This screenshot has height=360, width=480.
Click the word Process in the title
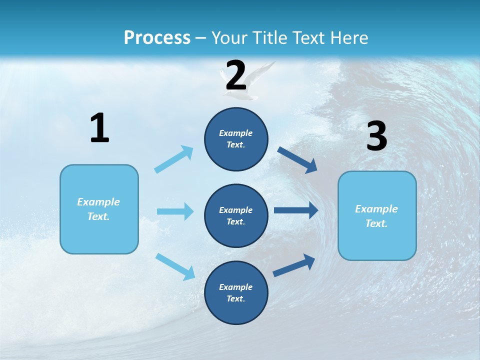157,38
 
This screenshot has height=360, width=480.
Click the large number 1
99,128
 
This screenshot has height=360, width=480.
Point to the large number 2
236,75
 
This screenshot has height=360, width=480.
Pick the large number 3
376,136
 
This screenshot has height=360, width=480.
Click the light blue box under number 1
99,209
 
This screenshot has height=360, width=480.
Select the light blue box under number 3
377,216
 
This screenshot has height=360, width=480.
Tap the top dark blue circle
236,139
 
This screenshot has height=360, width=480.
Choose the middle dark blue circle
236,216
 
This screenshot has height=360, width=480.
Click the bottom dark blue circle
236,293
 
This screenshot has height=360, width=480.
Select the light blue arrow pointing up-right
174,159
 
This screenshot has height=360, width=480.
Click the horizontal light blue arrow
175,211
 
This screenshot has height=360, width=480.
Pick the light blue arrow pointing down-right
175,266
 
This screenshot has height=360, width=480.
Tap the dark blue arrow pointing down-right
297,160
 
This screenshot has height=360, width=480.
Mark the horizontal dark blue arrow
296,210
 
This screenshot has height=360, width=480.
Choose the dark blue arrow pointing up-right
294,265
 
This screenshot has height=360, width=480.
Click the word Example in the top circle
236,133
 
